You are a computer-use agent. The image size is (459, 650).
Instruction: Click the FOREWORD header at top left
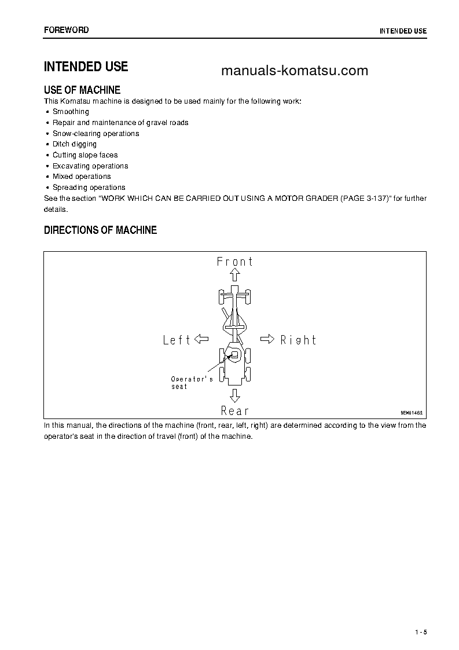click(67, 30)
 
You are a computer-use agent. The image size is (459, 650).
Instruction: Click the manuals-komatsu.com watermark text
click(295, 71)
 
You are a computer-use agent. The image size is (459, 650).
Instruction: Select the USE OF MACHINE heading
click(82, 90)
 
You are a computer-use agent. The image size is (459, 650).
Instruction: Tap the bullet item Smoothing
click(71, 112)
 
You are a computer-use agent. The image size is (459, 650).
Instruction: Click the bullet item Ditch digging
click(75, 144)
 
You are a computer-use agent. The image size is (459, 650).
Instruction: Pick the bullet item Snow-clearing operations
click(96, 134)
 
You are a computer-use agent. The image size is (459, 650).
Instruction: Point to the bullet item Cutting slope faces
click(85, 155)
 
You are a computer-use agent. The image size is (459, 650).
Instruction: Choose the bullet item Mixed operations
click(82, 177)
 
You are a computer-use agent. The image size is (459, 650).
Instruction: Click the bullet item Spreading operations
click(89, 188)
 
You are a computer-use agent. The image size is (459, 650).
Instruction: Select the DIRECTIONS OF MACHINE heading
click(100, 230)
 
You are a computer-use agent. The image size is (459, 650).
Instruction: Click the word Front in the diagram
click(235, 262)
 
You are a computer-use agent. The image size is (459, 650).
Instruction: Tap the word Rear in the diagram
click(234, 411)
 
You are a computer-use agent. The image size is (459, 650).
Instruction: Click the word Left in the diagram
click(177, 340)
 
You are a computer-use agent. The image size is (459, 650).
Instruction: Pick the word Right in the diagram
click(298, 340)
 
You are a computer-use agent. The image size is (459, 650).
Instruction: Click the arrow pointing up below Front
click(234, 277)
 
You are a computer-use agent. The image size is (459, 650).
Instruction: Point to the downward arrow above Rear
click(234, 396)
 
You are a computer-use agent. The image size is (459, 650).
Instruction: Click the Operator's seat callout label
click(192, 383)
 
